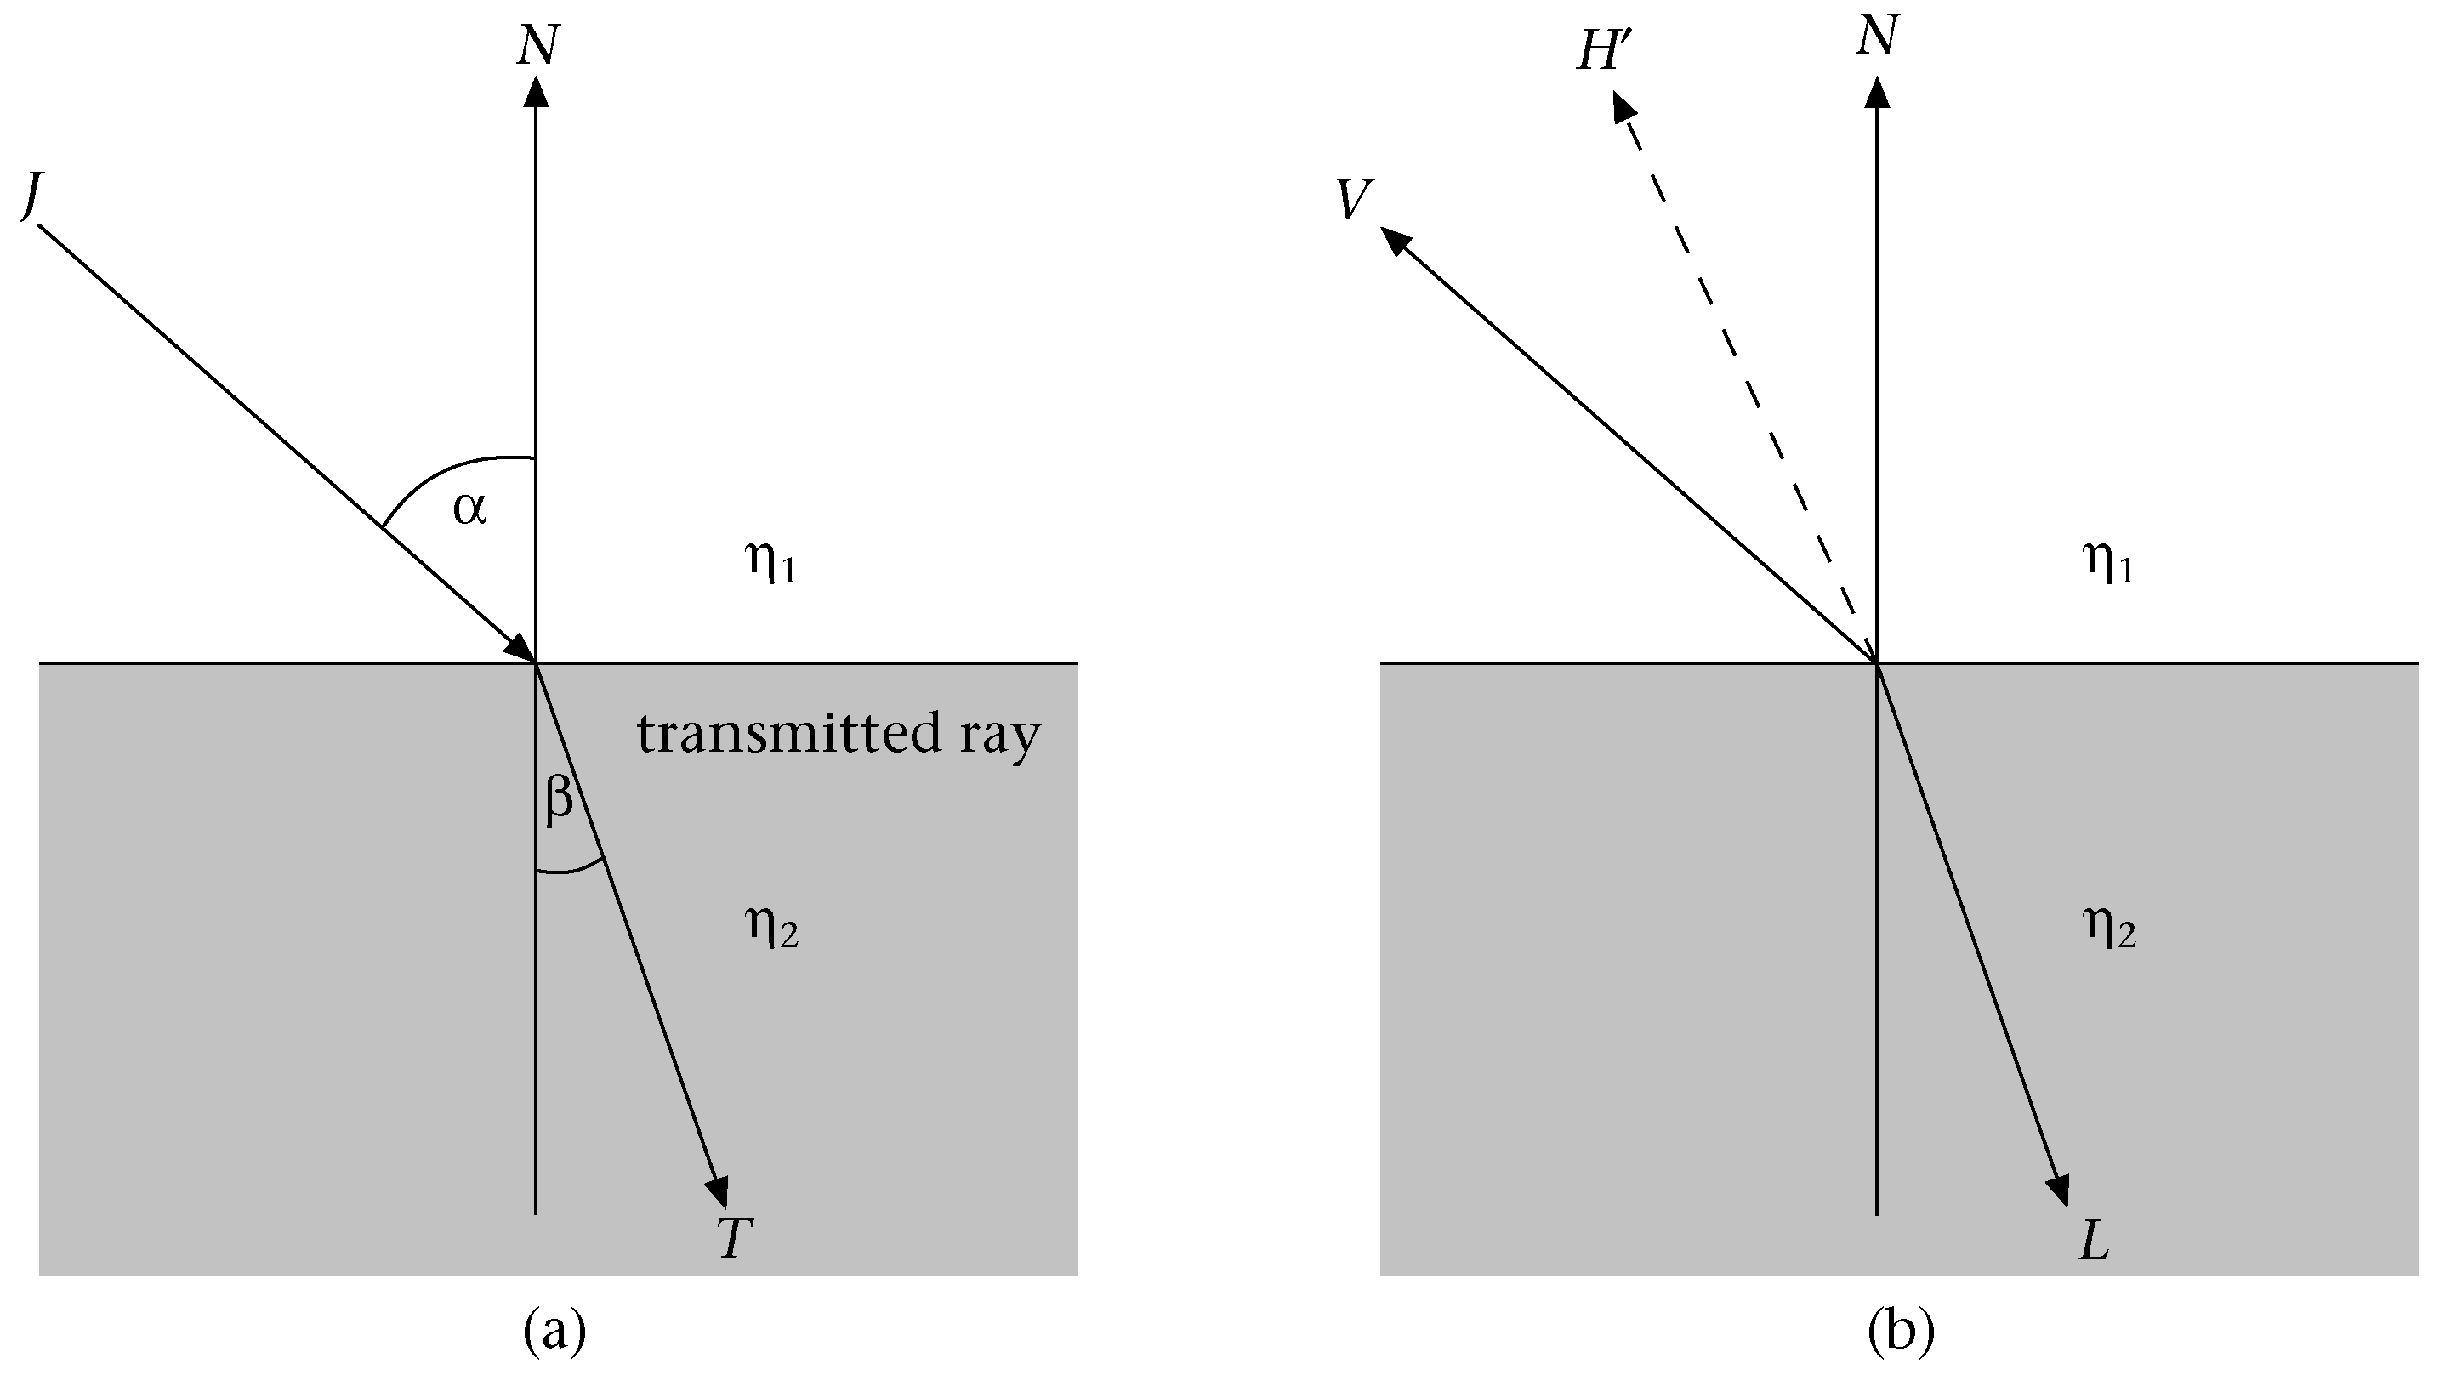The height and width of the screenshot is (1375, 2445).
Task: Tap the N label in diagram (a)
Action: (538, 44)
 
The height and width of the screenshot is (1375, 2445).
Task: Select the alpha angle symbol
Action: (469, 509)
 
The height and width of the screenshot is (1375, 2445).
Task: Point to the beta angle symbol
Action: (559, 797)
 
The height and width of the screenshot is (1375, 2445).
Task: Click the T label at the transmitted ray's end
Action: (735, 1238)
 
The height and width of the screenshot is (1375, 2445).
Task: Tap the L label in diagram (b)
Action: (2093, 1241)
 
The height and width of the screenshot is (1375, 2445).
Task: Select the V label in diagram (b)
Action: (1354, 199)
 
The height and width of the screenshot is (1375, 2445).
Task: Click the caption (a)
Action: (555, 1332)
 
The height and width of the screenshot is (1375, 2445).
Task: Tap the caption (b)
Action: (1900, 1332)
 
